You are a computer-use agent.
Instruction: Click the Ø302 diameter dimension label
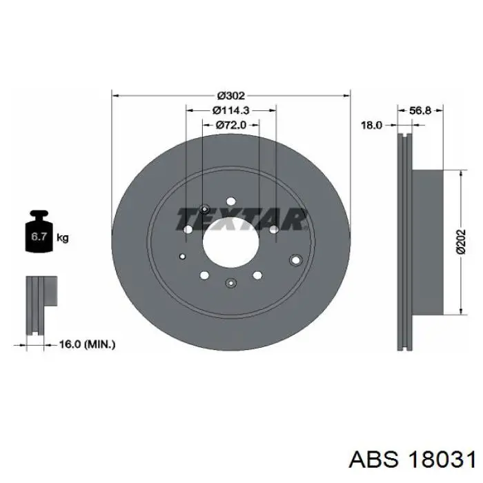point(231,96)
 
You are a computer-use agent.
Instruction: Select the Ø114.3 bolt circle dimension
point(230,110)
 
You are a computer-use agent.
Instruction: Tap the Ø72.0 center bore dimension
point(231,125)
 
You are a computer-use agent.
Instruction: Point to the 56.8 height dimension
point(420,110)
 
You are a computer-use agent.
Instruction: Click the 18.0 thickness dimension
point(371,125)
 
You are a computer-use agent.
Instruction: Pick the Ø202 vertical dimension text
point(461,241)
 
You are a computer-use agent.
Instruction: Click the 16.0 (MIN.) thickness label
point(87,344)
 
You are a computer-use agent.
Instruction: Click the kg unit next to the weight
point(63,238)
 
